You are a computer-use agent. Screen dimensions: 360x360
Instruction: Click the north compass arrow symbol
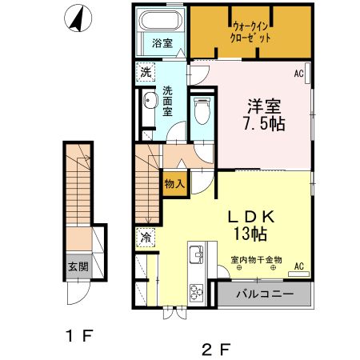coord(78,18)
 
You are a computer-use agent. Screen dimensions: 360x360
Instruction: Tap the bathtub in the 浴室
coord(160,21)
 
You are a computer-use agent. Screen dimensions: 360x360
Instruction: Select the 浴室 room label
coord(162,43)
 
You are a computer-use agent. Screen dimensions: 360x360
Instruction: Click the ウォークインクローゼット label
coord(250,32)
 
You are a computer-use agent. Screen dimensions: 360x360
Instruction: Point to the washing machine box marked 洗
coord(146,72)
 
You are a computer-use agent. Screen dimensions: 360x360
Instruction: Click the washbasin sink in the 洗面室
coord(149,101)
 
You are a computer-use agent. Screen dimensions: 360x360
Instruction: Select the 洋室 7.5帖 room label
coord(264,115)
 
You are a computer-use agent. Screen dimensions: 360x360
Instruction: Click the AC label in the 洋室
coord(298,74)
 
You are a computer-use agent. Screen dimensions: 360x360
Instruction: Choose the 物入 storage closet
coord(174,184)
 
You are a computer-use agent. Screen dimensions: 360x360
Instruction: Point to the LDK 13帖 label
coord(250,226)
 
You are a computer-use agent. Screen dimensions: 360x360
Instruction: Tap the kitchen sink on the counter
coord(196,254)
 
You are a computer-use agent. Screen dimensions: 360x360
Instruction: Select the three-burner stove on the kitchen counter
coord(196,292)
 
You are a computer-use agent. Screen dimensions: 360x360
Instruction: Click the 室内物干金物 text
coord(256,259)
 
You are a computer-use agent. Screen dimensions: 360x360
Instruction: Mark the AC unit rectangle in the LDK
coord(298,274)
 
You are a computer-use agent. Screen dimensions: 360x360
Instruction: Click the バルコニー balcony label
coord(265,294)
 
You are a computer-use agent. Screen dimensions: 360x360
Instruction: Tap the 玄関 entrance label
coord(78,266)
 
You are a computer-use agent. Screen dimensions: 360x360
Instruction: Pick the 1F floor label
coord(79,335)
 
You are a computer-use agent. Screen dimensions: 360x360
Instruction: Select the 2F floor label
coord(216,350)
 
